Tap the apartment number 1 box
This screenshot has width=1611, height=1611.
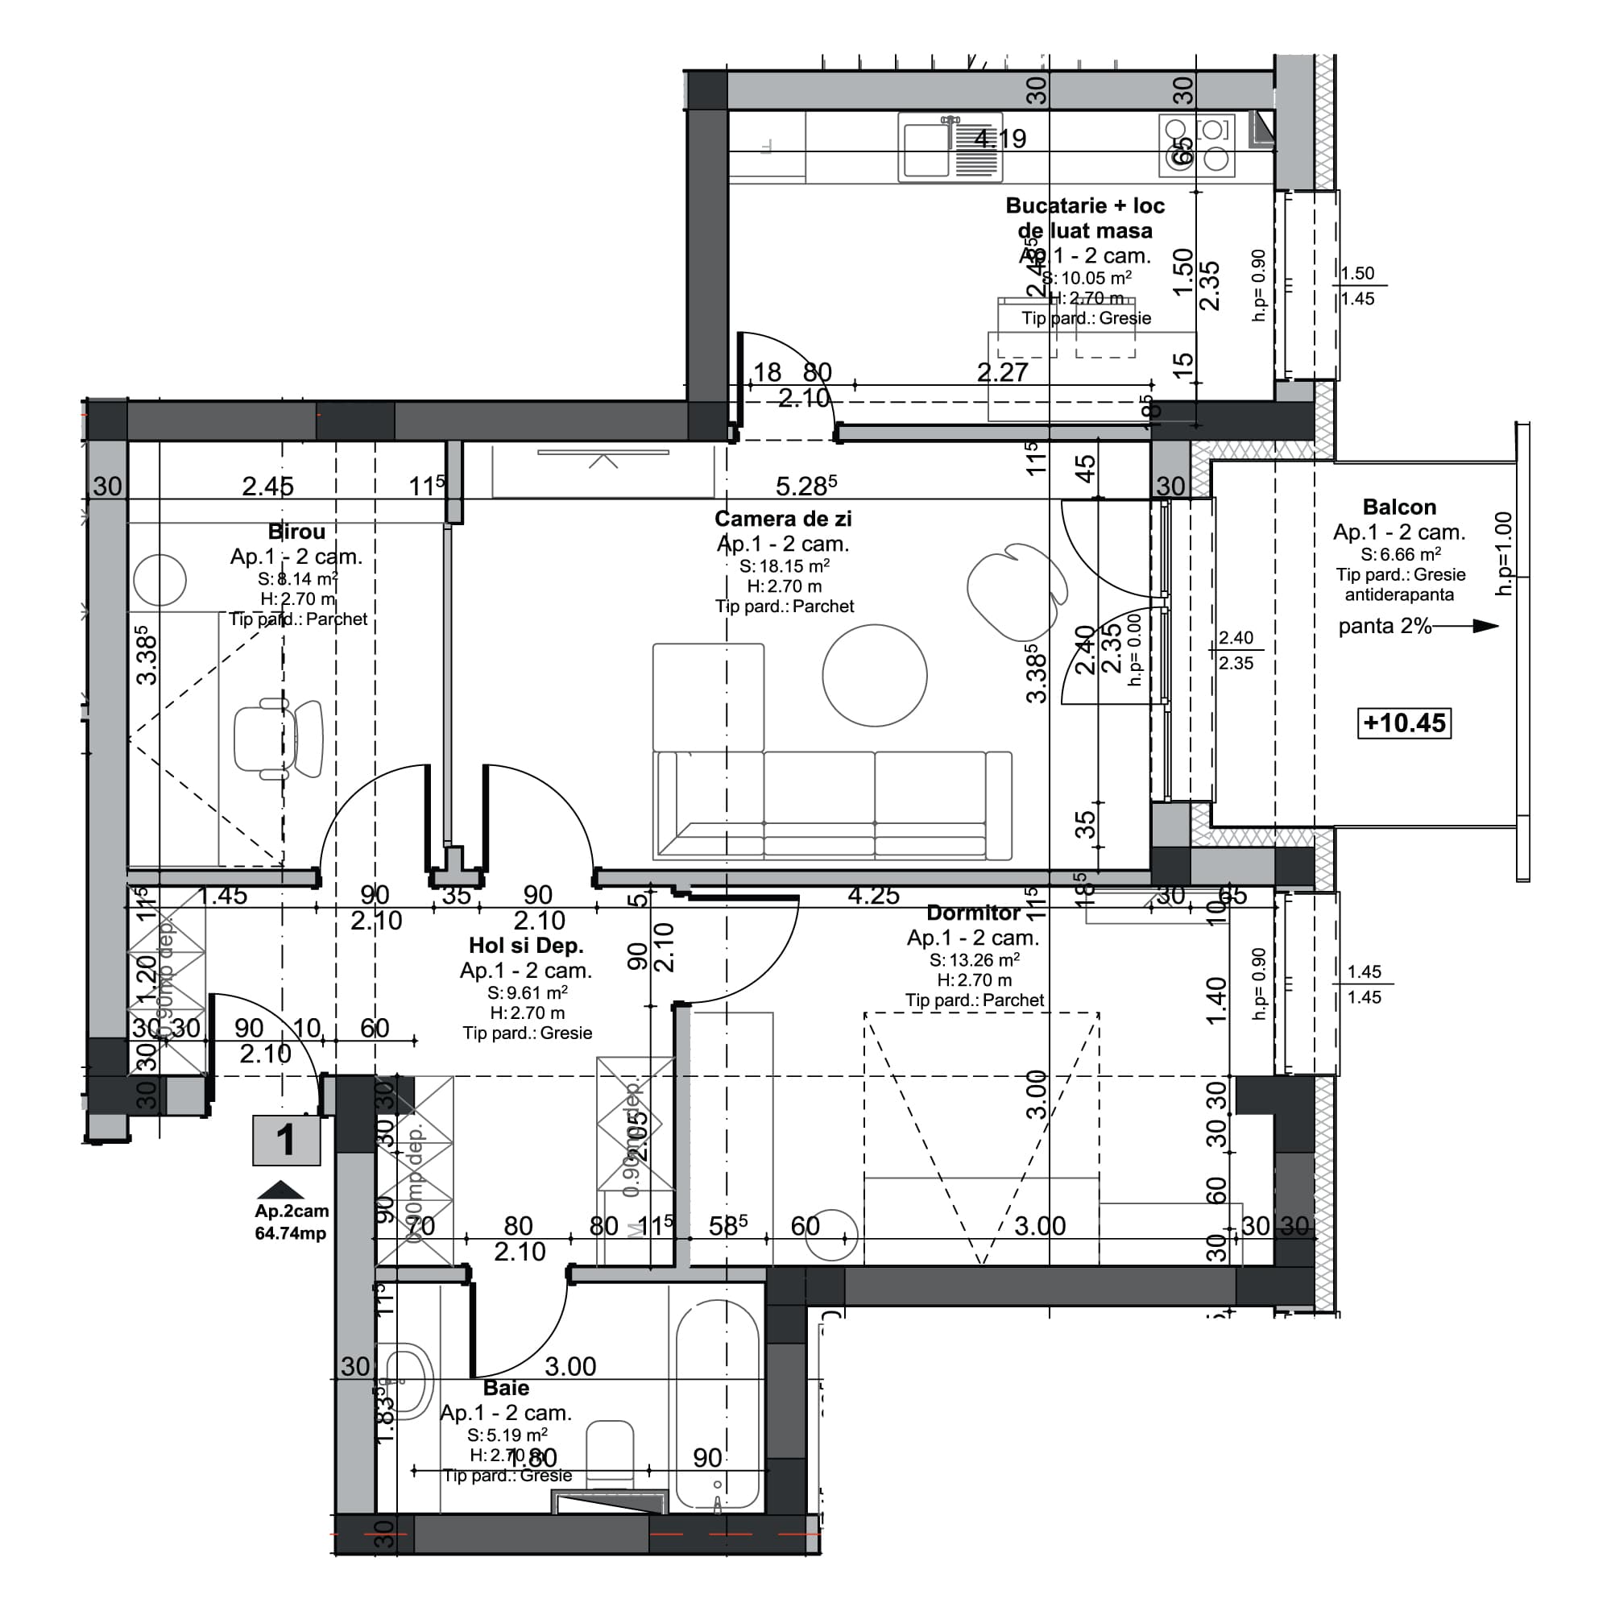point(286,1140)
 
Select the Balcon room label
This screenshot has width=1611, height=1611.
point(1399,507)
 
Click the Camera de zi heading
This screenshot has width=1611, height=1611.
point(783,519)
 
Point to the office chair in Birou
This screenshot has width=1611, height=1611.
point(279,739)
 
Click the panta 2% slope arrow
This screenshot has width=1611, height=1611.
point(1468,626)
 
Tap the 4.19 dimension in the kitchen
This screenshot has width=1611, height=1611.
point(1000,139)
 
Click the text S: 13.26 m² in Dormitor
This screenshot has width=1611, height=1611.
point(974,960)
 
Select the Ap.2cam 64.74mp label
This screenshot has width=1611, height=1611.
point(291,1222)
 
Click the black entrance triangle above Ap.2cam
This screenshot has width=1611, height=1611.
point(281,1190)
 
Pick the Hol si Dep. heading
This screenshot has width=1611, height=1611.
point(525,945)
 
